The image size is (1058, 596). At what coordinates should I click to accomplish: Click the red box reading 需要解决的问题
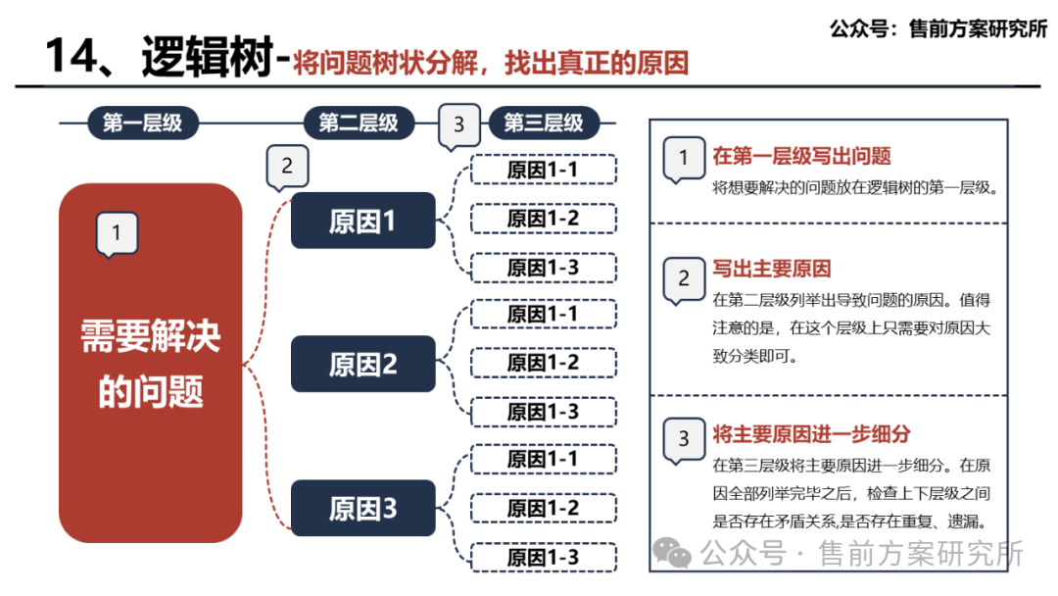(150, 363)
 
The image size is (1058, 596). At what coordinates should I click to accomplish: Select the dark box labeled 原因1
(362, 221)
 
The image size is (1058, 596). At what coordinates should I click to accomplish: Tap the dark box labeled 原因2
(362, 365)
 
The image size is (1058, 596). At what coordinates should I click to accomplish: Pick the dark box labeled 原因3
(362, 509)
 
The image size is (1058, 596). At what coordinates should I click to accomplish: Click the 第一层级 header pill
(143, 124)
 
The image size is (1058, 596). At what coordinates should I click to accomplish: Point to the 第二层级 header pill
(359, 124)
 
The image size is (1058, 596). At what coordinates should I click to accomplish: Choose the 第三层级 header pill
(544, 124)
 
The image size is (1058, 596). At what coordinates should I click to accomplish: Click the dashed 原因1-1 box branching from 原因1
(543, 170)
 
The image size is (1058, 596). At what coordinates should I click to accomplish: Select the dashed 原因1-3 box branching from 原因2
(543, 412)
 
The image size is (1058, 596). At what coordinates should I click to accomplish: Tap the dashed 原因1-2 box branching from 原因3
(543, 508)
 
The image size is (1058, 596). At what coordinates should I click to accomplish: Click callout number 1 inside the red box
(117, 234)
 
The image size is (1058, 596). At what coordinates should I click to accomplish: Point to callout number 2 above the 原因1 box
(287, 167)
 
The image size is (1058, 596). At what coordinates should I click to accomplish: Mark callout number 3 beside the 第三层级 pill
(459, 126)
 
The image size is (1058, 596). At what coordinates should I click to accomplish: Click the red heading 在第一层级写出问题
(801, 157)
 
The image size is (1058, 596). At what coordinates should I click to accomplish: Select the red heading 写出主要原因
(772, 270)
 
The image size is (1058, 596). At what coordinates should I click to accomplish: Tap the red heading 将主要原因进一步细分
(812, 434)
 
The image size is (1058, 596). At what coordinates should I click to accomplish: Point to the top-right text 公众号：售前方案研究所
(938, 28)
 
